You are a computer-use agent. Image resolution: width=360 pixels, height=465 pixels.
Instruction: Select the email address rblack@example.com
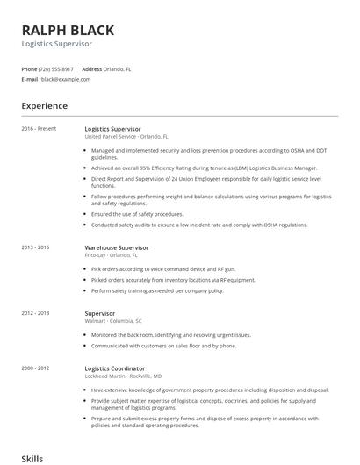pos(65,79)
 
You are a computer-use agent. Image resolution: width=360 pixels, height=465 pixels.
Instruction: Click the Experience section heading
pos(44,106)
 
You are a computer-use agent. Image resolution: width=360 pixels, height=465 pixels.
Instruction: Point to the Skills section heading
pos(32,458)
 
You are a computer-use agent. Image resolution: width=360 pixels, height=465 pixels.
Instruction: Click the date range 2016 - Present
pos(39,129)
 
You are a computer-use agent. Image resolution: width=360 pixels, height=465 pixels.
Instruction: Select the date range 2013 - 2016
pos(36,248)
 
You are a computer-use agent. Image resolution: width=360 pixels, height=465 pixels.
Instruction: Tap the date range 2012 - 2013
pos(36,313)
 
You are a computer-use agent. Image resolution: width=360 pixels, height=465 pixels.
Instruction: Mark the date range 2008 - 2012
pos(36,368)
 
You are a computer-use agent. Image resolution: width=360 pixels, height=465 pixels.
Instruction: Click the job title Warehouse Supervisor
pos(117,248)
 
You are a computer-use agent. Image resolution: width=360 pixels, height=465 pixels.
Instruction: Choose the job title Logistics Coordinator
pos(115,368)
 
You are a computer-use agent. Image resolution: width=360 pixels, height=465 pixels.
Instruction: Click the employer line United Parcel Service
pos(126,138)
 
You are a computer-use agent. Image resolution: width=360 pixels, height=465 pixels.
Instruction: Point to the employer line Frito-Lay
pos(104,256)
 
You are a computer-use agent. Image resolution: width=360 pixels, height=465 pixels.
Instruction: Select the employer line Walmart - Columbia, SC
pos(114,321)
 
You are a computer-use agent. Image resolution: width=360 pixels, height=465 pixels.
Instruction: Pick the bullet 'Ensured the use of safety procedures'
pos(137,214)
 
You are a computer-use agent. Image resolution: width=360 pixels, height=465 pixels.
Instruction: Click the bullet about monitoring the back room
pos(170,335)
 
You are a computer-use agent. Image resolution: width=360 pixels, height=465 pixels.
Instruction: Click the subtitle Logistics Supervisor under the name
pos(57,43)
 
